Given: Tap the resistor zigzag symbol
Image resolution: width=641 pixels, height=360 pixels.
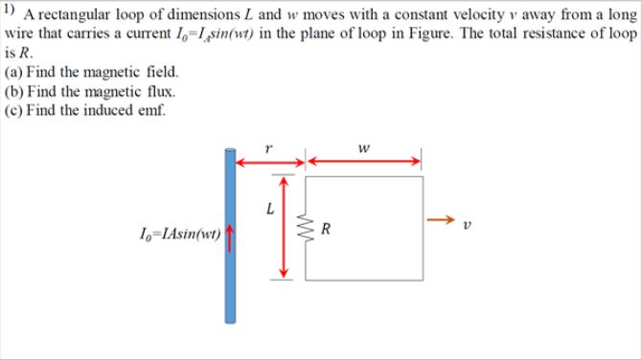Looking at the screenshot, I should pyautogui.click(x=307, y=228).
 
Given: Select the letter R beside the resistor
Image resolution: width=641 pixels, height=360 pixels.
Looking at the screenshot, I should pyautogui.click(x=328, y=229).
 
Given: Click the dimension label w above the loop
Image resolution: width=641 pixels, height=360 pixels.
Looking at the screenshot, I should pyautogui.click(x=363, y=147).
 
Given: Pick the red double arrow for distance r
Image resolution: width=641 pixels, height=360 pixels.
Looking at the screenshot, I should pyautogui.click(x=269, y=162).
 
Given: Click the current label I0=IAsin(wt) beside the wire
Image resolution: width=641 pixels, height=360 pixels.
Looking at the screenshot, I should pyautogui.click(x=179, y=232).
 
